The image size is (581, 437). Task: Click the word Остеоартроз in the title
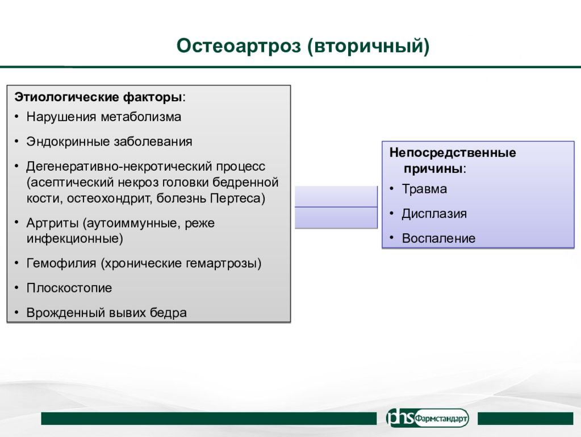[239, 46]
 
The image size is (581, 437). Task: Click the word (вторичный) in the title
[369, 47]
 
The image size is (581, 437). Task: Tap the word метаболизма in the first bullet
[141, 117]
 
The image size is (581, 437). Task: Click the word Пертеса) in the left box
[237, 198]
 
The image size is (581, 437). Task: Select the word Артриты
[53, 223]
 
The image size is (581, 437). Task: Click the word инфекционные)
[75, 238]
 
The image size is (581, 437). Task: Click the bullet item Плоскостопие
[69, 288]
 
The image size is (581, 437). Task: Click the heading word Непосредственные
[453, 152]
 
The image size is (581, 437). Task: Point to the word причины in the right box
[433, 169]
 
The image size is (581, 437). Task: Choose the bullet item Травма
[424, 189]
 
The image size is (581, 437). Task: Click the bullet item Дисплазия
[434, 214]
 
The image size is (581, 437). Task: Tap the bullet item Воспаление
[438, 238]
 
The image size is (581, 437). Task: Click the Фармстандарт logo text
[441, 418]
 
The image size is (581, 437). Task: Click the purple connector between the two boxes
[336, 207]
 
